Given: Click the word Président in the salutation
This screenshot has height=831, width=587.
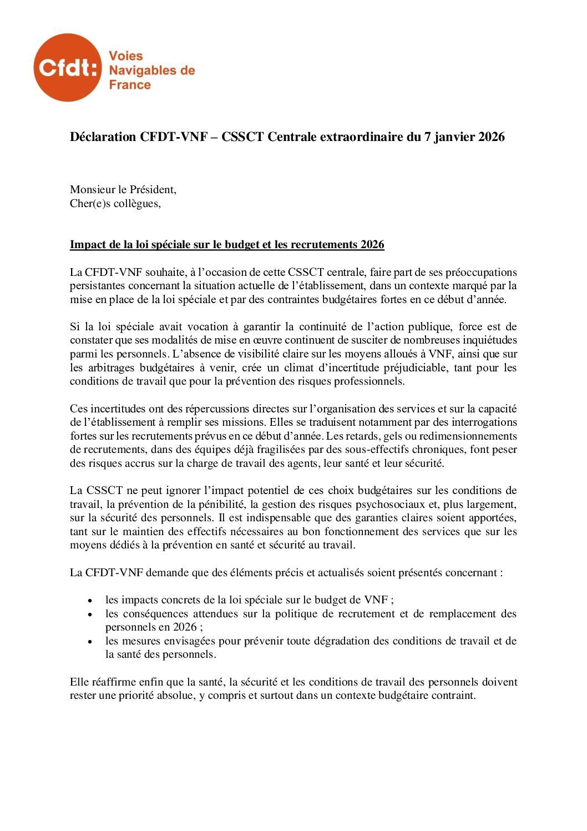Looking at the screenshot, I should (153, 189).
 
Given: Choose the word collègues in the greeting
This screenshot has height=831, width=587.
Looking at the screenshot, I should (137, 203).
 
